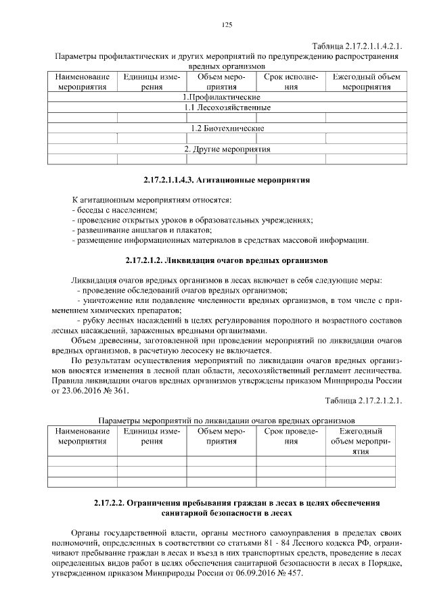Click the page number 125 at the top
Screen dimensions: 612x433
227,25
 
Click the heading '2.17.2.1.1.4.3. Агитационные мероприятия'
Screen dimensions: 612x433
227,181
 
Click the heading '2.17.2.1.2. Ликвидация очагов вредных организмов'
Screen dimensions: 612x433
227,260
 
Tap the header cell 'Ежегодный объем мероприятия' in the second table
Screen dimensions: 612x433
365,441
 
